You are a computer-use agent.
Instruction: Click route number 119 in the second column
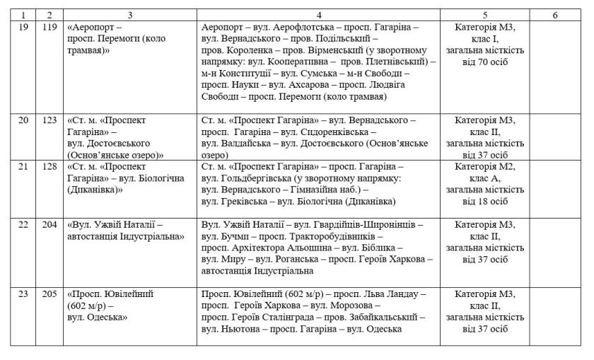click(49, 26)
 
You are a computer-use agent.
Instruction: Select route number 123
click(49, 120)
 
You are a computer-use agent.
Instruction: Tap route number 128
click(49, 166)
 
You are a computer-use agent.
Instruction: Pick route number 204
click(49, 224)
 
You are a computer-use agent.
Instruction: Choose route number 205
click(49, 294)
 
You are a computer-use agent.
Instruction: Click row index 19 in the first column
click(23, 26)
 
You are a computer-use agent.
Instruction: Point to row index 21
click(23, 166)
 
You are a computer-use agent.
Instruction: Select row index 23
click(23, 294)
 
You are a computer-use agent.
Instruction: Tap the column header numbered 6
click(555, 14)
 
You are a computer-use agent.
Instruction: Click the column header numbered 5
click(485, 14)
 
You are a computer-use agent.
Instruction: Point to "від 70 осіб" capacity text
click(485, 62)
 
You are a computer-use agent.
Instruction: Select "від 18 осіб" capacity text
click(485, 202)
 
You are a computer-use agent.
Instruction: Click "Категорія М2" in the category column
click(485, 166)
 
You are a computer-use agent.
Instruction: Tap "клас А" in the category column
click(485, 178)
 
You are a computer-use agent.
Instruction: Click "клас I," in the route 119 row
click(485, 38)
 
